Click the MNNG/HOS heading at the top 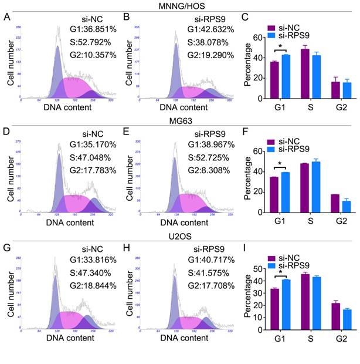point(181,6)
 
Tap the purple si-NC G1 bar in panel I point(274,305)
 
